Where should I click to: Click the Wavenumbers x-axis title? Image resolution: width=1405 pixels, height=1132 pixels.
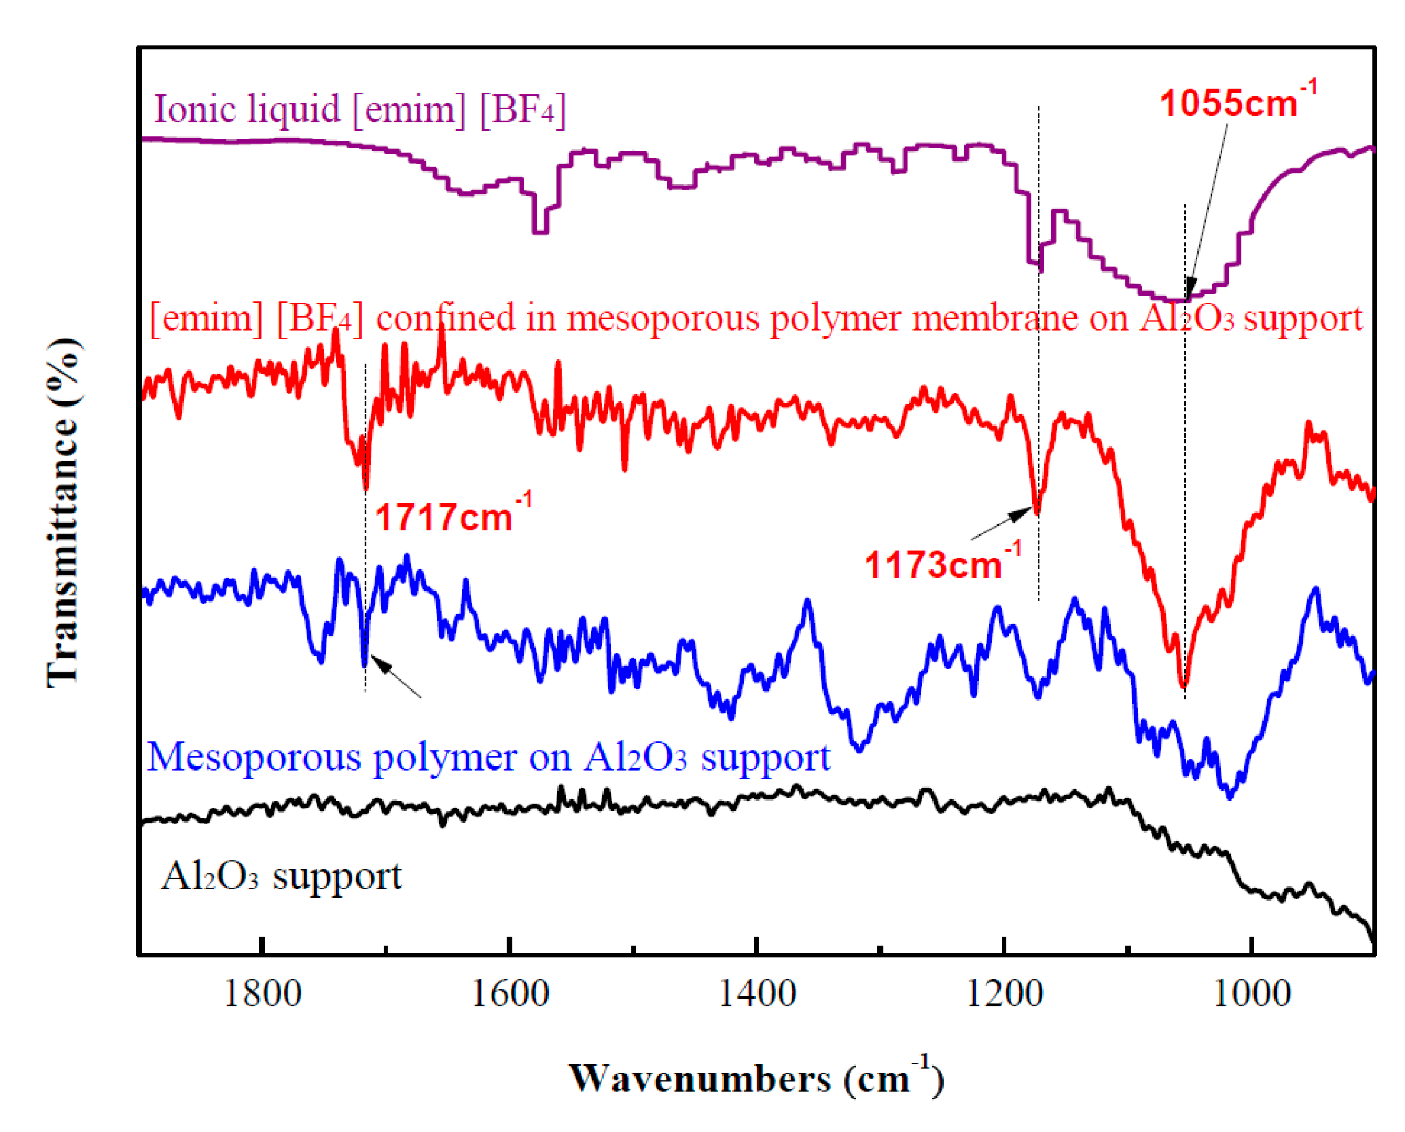pyautogui.click(x=756, y=1078)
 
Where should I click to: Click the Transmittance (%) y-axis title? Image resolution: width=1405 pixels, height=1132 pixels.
pyautogui.click(x=64, y=512)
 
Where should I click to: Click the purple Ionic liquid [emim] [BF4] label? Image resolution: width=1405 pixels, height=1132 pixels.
pyautogui.click(x=359, y=108)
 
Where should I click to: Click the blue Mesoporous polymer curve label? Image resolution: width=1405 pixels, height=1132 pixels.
pyautogui.click(x=488, y=757)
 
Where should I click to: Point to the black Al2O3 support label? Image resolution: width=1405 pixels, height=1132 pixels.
pyautogui.click(x=281, y=876)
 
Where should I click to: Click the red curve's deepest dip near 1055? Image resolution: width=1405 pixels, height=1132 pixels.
pyautogui.click(x=1184, y=684)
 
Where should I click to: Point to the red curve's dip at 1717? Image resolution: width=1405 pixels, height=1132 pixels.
pyautogui.click(x=366, y=486)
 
